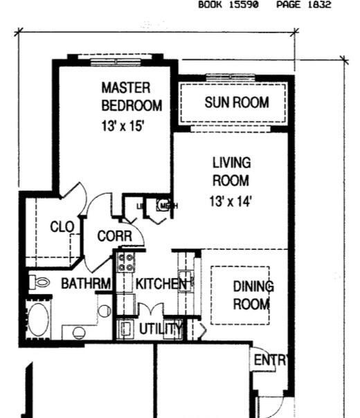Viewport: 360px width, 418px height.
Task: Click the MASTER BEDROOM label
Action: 132,97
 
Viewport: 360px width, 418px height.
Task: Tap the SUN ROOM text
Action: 236,104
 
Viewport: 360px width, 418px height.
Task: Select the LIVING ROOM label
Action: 231,172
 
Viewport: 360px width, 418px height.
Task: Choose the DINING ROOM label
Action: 252,295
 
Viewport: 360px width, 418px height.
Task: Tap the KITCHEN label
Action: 160,284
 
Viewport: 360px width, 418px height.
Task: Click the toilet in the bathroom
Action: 40,282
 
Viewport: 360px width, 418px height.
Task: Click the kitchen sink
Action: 186,281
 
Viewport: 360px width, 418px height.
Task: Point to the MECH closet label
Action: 168,206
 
